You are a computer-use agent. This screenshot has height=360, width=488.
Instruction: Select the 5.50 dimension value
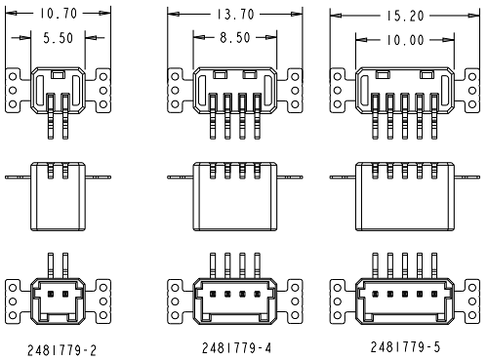(x=59, y=38)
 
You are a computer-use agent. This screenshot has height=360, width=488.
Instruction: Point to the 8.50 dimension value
(x=229, y=38)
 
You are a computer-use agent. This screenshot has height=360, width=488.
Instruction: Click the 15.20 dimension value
(x=404, y=16)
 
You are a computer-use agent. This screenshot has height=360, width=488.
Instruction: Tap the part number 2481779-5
(x=404, y=345)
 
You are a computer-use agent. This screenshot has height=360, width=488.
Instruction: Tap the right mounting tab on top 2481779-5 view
(x=469, y=86)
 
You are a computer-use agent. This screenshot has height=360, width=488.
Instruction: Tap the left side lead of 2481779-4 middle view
(x=181, y=178)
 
